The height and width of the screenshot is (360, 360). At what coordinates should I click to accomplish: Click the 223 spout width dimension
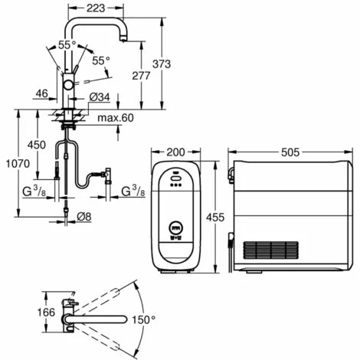click(96, 8)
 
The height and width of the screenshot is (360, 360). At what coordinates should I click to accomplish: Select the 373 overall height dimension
click(162, 64)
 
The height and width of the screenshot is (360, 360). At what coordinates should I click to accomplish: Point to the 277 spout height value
click(141, 76)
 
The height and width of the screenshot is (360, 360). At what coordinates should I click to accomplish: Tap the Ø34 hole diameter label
click(100, 97)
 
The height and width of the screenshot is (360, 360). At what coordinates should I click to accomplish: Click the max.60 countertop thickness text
click(116, 118)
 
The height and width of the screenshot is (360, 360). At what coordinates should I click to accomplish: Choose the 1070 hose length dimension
click(18, 163)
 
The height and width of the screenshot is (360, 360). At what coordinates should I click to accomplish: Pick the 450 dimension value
click(37, 145)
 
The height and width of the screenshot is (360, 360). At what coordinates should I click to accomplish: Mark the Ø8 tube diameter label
click(83, 217)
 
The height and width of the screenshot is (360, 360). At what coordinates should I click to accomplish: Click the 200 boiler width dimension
click(175, 152)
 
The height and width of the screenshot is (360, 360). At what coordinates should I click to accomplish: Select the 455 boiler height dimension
click(215, 218)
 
